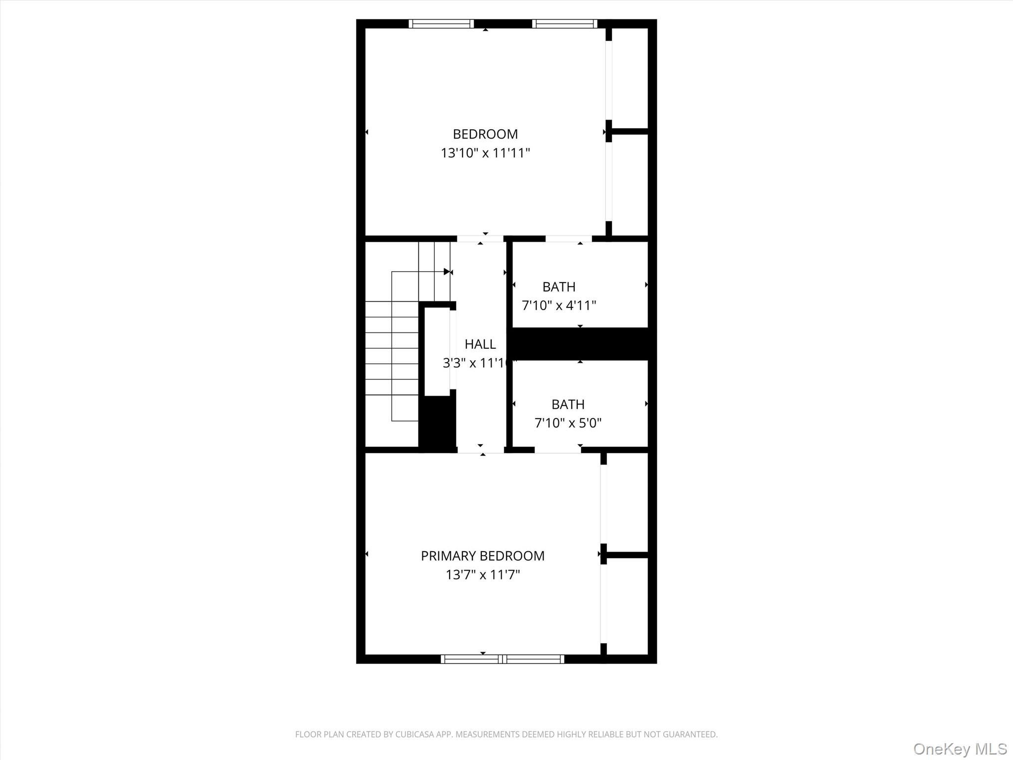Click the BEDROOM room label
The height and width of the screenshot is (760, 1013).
coord(485,134)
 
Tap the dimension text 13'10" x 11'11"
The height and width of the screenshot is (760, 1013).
coord(485,153)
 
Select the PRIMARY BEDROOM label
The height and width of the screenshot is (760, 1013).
coord(482,556)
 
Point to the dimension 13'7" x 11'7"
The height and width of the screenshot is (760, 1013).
coord(482,574)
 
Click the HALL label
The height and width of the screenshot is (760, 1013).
coord(480,344)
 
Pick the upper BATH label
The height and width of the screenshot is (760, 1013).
coord(559,287)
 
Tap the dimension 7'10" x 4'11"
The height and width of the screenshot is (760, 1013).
coord(559,305)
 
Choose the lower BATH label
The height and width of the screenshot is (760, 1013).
coord(568,404)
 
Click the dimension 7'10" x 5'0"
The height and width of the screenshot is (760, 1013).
coord(568,423)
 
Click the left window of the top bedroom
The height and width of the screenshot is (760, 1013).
coord(441,24)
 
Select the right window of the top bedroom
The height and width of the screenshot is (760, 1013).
coord(564,24)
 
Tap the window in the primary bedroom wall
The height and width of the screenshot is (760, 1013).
coord(502,659)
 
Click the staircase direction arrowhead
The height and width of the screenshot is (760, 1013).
coord(447,272)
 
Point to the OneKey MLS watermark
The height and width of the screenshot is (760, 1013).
coord(960,749)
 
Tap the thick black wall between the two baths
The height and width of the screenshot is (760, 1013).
coord(580,343)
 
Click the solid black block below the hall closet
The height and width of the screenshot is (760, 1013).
coord(437,423)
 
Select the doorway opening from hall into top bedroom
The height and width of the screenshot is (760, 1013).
coord(480,239)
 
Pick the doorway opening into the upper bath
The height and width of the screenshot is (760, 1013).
coord(568,239)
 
